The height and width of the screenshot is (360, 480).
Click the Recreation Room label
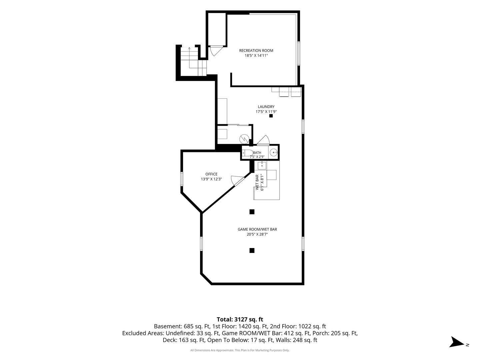[256, 50]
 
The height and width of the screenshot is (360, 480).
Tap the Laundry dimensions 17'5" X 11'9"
[266, 112]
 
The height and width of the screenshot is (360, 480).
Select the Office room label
[211, 174]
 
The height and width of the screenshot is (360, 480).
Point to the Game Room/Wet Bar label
[257, 229]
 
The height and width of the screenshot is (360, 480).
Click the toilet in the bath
[248, 153]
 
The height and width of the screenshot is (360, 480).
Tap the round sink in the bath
[274, 152]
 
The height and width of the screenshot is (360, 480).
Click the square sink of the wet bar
[262, 165]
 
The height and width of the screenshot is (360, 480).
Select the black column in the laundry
[271, 116]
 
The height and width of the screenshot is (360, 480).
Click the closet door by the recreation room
[216, 51]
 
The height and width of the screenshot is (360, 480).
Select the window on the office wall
[182, 179]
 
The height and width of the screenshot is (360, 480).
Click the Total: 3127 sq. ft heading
[240, 319]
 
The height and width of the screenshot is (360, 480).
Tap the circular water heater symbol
[244, 139]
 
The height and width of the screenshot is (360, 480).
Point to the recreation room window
[299, 53]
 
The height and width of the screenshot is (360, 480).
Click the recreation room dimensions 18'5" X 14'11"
[256, 56]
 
